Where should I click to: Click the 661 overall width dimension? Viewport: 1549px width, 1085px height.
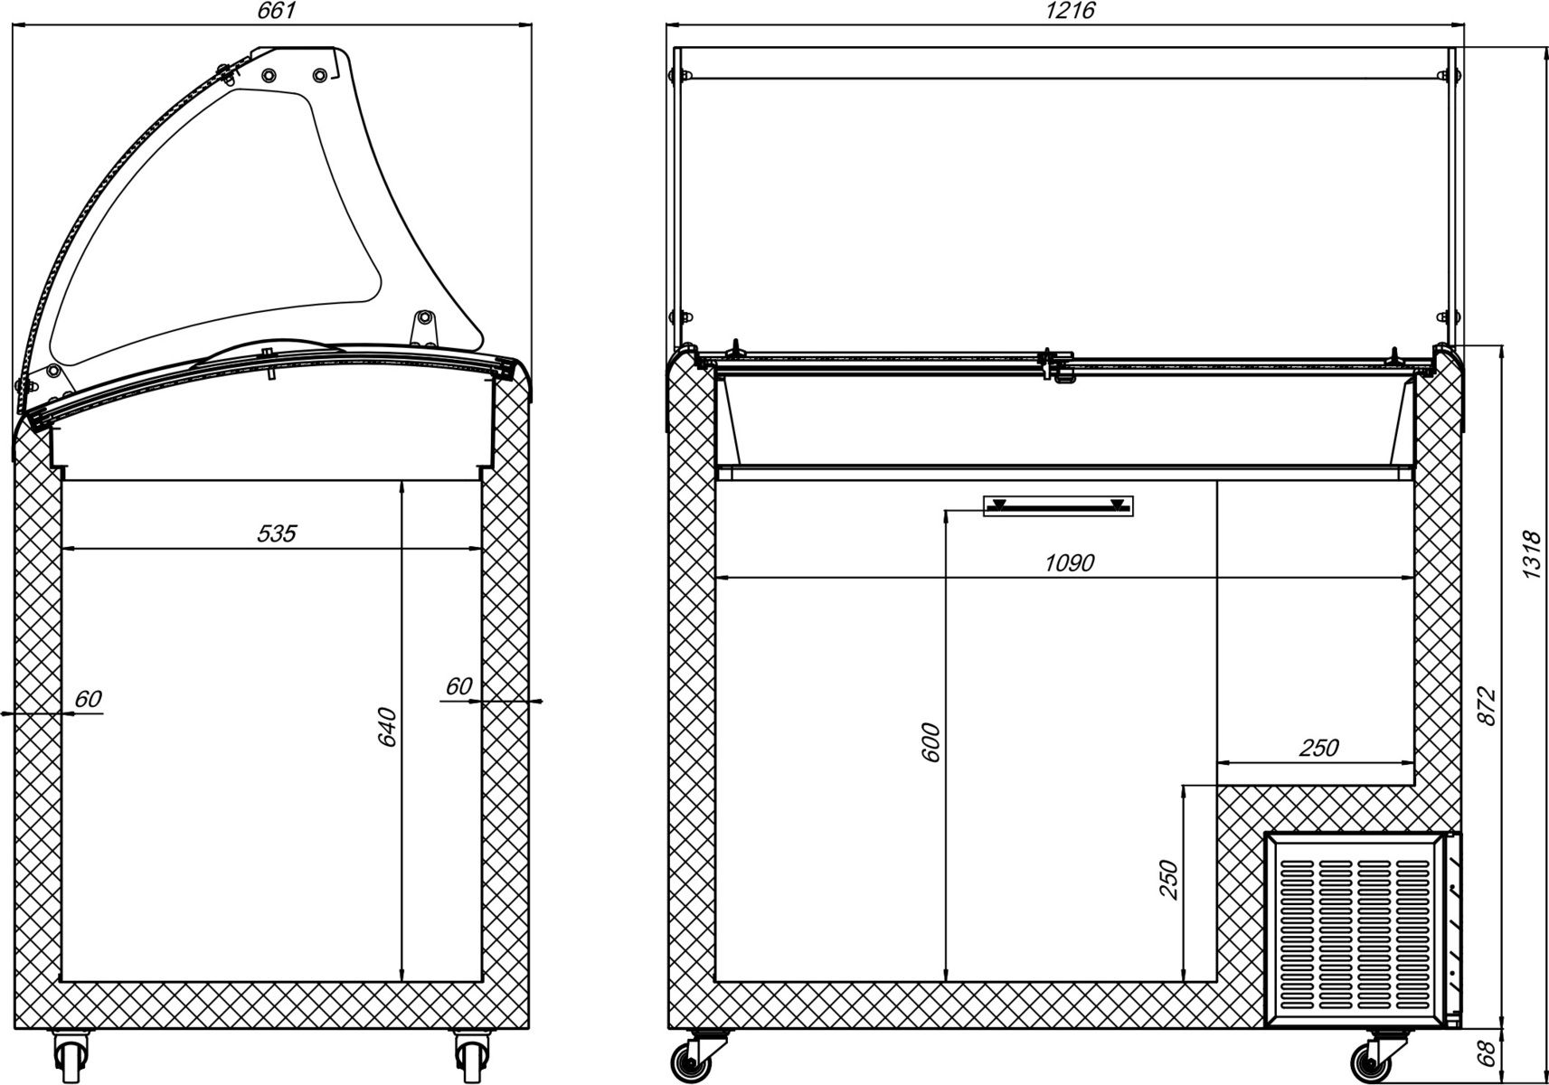pos(276,10)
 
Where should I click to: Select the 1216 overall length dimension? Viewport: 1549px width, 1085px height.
pos(1070,10)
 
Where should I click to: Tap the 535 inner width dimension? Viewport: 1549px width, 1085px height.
pos(277,533)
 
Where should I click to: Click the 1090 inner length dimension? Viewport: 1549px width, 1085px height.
pos(1069,563)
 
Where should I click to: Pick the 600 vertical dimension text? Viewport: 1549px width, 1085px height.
pos(930,742)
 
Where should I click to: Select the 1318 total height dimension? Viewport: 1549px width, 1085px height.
pos(1532,554)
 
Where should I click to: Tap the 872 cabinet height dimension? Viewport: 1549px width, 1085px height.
pos(1488,707)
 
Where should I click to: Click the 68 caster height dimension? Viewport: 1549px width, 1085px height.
pos(1486,1053)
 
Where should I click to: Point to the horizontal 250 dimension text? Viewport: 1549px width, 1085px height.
pos(1318,748)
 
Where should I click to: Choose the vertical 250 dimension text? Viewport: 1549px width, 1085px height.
pos(1168,879)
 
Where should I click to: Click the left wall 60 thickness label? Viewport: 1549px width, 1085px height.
pos(88,699)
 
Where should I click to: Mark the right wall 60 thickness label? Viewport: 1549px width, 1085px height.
pos(458,686)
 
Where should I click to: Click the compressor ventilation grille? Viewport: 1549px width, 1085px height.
pos(1354,935)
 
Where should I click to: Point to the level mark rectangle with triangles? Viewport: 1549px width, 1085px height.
pos(1058,506)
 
